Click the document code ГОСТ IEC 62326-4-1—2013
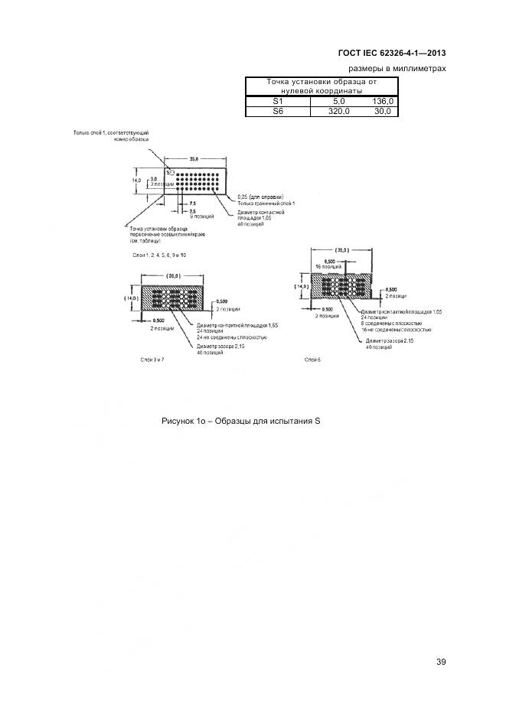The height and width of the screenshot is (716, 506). [x=391, y=53]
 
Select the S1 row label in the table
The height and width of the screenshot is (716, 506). [x=277, y=101]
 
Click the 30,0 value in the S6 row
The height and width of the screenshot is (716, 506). [x=383, y=111]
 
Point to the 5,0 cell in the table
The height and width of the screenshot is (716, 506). [x=338, y=101]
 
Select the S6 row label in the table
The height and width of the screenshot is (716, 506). [x=277, y=111]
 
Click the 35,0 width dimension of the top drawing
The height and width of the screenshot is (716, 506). [x=194, y=158]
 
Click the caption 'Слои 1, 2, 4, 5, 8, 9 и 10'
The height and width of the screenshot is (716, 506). [x=158, y=254]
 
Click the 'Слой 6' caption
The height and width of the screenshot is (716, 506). [x=312, y=358]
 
